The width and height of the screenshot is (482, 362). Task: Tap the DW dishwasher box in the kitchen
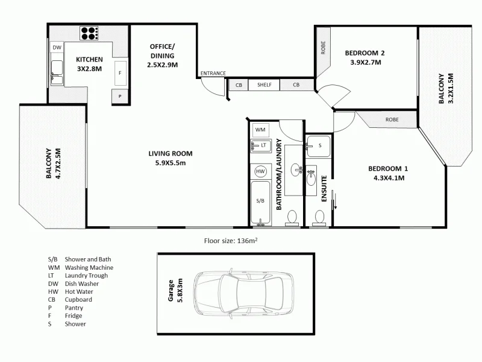pos(57,48)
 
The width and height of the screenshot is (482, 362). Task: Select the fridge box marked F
pos(120,73)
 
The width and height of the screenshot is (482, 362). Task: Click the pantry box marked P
pos(120,96)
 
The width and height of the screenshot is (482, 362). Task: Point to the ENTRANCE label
pos(213,74)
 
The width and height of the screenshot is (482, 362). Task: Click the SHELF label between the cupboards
pos(264,85)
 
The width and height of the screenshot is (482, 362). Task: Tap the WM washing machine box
pos(260,130)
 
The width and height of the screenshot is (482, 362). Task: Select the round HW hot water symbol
pos(260,171)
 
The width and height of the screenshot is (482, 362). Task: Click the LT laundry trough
pos(261,145)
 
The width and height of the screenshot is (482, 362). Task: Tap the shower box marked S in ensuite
pos(319,145)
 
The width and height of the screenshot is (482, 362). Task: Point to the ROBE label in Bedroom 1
pos(392,119)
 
